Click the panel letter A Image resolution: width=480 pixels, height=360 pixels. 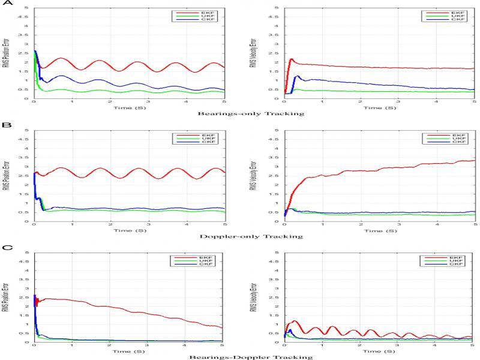click(5, 3)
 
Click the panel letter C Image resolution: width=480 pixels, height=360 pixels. click(5, 247)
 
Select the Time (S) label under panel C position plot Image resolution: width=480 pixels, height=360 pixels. click(130, 349)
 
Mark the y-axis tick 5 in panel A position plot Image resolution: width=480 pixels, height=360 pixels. click(27, 8)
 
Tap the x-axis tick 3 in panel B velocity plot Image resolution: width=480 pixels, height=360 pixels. click(398, 226)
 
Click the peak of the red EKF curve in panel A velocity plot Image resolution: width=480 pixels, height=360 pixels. click(292, 59)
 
